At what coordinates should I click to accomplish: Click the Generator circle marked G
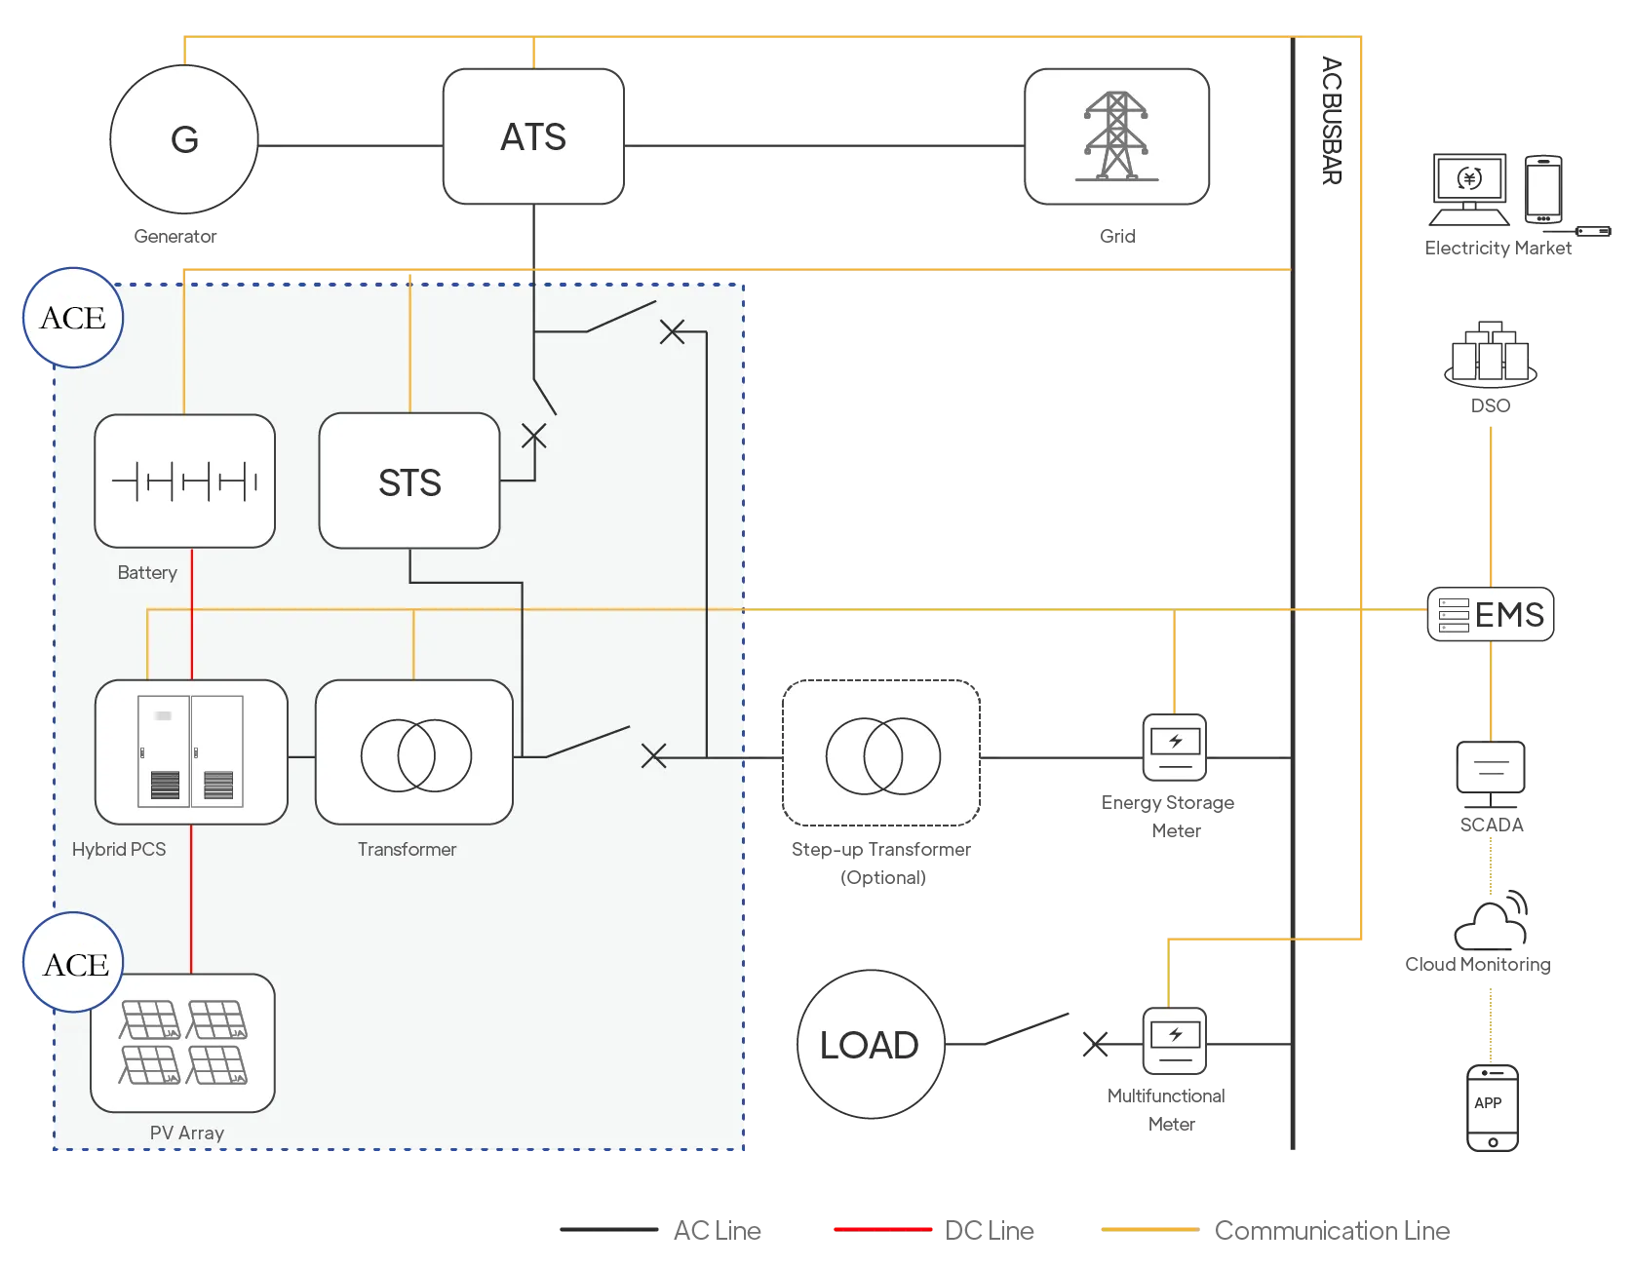184,139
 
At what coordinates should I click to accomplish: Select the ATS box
533,136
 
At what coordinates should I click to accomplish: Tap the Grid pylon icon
1117,136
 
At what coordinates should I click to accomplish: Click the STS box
409,481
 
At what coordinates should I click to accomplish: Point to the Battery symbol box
184,481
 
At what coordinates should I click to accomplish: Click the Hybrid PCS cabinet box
191,752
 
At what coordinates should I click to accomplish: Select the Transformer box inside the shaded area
414,752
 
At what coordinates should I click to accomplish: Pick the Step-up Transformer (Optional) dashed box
881,753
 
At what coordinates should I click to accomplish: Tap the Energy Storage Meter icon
1174,748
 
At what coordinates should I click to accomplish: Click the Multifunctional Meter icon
1174,1041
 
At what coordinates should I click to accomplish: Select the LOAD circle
870,1045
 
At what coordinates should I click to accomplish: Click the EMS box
1491,615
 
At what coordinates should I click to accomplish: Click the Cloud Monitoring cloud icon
1491,923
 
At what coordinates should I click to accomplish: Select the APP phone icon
1493,1108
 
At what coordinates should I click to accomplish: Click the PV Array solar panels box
183,1043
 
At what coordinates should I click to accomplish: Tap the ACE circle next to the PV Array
74,963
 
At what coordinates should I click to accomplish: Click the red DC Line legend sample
883,1230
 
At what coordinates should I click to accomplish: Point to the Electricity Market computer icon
1469,189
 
